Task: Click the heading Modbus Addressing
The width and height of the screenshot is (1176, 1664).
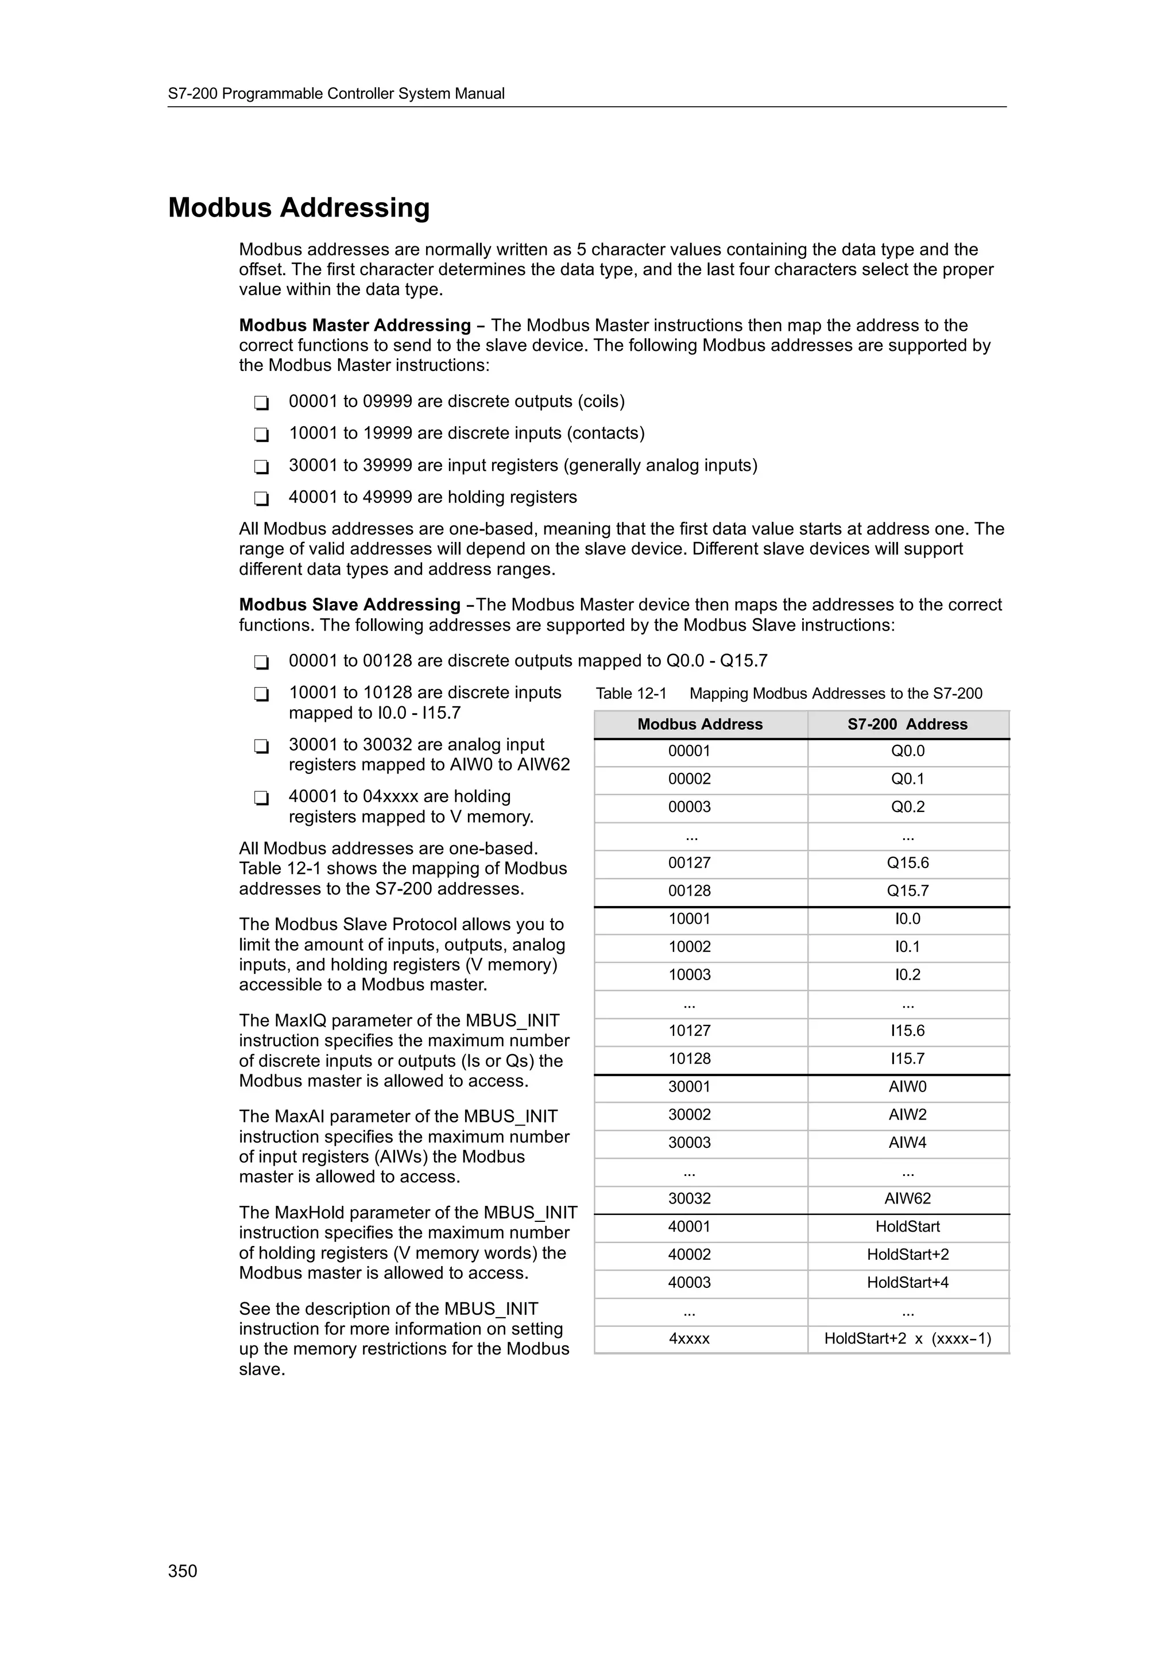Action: point(299,208)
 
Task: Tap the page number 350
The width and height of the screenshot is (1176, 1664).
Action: point(183,1570)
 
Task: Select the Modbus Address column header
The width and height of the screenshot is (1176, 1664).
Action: point(700,724)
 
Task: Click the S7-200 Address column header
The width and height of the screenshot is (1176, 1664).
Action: point(907,724)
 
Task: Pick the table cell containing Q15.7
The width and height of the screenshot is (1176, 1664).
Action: point(907,891)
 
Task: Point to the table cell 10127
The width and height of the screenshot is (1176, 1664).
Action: point(689,1031)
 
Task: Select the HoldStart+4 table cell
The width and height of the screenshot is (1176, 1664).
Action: point(907,1283)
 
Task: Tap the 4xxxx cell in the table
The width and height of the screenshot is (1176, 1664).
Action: point(689,1338)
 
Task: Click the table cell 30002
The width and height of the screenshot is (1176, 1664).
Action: point(689,1115)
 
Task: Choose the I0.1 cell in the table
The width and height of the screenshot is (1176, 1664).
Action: point(907,946)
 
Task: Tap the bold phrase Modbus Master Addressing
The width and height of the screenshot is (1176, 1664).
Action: point(355,326)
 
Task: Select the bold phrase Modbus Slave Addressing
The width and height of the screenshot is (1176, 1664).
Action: point(350,605)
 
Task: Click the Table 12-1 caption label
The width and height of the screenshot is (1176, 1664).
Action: point(630,694)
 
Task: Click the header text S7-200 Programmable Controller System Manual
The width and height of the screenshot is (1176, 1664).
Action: point(336,94)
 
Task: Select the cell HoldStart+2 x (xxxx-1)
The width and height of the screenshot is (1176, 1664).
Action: point(907,1338)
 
